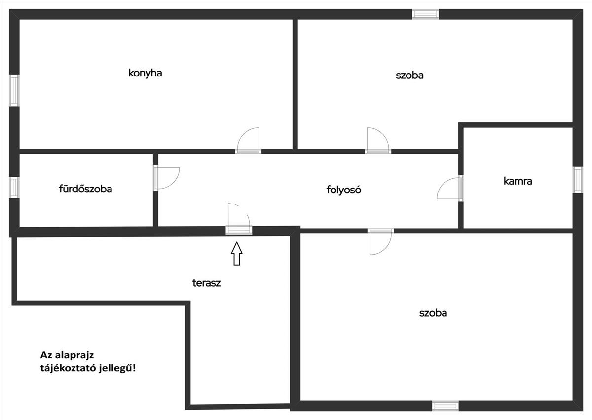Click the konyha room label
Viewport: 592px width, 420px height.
click(x=145, y=73)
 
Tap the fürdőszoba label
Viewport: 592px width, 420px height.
click(x=85, y=189)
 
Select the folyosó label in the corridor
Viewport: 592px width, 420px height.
click(x=343, y=190)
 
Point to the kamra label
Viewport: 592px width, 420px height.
click(x=518, y=181)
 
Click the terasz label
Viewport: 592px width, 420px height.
click(x=206, y=283)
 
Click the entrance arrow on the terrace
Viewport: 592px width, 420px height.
click(x=237, y=253)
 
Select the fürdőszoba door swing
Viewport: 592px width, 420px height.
click(x=167, y=178)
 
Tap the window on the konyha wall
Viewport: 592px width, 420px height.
click(x=14, y=90)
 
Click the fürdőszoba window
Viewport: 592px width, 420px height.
click(x=14, y=188)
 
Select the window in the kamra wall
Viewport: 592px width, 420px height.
click(x=578, y=180)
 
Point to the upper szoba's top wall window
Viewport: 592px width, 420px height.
click(x=425, y=14)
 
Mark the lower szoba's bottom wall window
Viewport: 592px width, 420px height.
click(x=445, y=406)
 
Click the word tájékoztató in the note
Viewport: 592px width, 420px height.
click(x=68, y=368)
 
